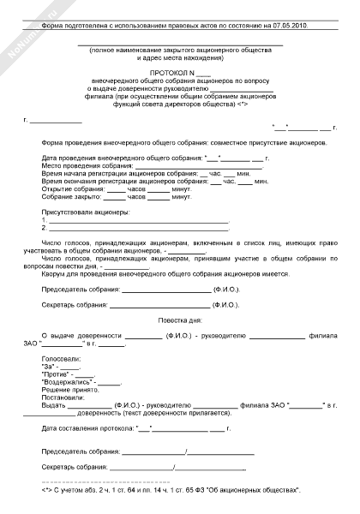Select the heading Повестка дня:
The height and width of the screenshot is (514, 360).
click(x=180, y=319)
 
